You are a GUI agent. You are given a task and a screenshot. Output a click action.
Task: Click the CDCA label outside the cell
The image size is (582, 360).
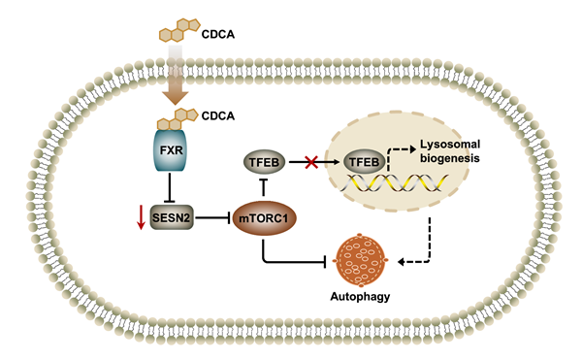[218, 35]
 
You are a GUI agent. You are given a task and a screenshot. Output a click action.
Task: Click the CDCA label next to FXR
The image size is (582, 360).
[218, 115]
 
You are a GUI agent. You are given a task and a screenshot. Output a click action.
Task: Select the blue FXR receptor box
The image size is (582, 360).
[171, 150]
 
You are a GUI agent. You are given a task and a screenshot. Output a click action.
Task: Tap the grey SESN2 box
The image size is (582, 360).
[172, 217]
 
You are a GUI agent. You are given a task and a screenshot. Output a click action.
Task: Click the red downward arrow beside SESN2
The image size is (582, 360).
[141, 217]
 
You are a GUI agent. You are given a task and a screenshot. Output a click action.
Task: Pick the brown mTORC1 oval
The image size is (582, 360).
[264, 218]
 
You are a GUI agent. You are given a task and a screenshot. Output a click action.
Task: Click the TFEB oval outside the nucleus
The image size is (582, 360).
[264, 162]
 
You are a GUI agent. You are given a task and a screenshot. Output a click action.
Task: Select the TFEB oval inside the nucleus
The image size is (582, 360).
[364, 162]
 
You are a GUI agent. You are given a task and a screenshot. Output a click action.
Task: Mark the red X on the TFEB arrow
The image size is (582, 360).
[311, 162]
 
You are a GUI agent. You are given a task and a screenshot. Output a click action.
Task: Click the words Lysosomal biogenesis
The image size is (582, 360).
[450, 151]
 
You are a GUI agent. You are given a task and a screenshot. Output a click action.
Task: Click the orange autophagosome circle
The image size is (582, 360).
[361, 260]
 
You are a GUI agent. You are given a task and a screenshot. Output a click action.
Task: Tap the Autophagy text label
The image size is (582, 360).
[360, 297]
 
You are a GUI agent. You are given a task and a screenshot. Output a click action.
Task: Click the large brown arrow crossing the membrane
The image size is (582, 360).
[176, 75]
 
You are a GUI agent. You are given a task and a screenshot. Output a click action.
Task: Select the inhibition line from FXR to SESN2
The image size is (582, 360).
[170, 187]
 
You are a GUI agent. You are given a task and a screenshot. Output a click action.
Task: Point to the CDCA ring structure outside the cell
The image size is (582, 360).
[179, 30]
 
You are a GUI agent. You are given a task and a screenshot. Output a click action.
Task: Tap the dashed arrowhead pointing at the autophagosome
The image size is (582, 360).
[401, 262]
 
